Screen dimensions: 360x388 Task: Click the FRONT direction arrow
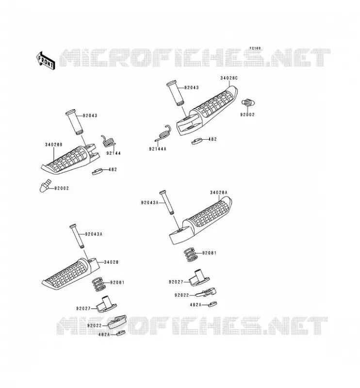tap(46, 60)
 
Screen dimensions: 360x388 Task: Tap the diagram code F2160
tap(255, 48)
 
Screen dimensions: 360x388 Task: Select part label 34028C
tap(229, 78)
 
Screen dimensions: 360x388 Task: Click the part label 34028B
tap(53, 145)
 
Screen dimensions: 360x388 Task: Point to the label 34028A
tap(219, 192)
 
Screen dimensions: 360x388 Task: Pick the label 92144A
tap(158, 149)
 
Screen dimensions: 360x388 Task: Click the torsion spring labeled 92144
tap(108, 141)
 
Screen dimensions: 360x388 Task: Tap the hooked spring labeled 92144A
tap(164, 133)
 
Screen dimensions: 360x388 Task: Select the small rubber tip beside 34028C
tap(248, 102)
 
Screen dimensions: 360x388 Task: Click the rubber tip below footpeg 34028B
tap(45, 186)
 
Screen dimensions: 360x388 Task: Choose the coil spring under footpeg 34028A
tap(190, 255)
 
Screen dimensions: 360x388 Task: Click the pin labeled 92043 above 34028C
tap(175, 93)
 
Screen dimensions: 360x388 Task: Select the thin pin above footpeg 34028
tap(77, 236)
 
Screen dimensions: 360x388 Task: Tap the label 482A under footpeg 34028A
tap(196, 305)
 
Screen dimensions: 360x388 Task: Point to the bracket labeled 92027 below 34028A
tap(199, 278)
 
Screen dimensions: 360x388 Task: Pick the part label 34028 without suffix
tap(111, 262)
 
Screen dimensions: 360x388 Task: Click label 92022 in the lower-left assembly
tap(94, 325)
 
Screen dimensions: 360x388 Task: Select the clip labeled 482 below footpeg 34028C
tap(197, 141)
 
